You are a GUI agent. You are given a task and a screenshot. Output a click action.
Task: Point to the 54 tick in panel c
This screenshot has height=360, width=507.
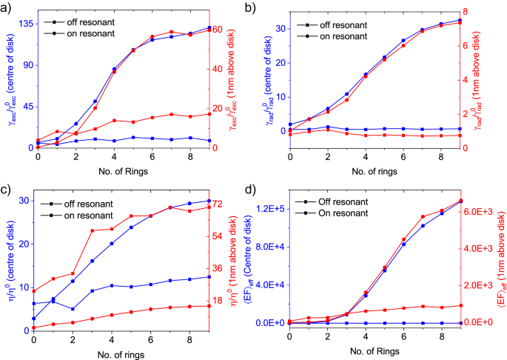(218, 236)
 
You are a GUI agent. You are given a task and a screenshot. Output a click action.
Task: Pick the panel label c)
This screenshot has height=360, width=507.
(7, 191)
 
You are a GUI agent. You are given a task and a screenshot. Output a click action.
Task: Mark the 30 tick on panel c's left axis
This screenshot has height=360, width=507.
(24, 201)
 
